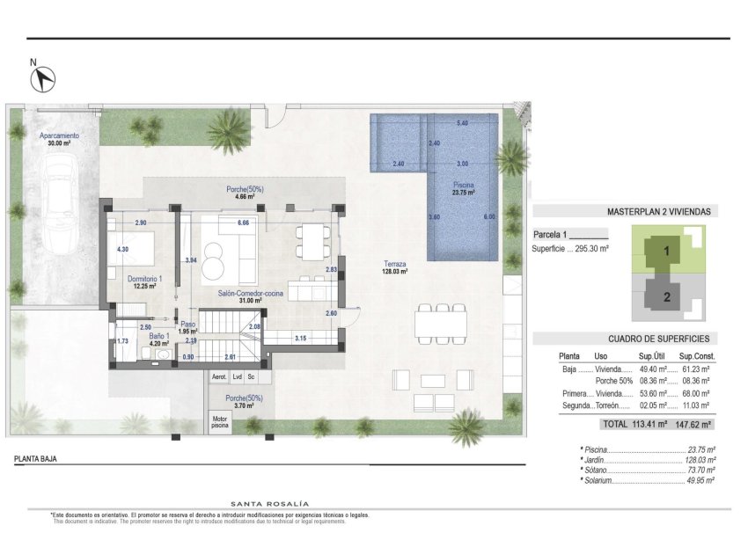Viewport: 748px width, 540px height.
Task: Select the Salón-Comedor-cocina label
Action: click(251, 296)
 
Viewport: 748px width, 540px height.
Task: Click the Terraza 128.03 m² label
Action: click(394, 268)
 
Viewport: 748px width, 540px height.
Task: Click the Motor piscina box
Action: click(219, 422)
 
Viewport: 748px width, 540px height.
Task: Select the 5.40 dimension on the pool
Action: click(462, 123)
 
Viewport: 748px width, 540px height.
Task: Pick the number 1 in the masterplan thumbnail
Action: click(667, 251)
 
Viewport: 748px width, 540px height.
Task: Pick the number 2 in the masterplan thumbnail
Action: click(667, 296)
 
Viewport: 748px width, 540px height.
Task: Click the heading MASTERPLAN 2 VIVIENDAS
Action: click(658, 211)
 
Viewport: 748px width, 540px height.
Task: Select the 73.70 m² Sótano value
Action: click(701, 471)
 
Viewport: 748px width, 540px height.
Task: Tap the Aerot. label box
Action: click(219, 376)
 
